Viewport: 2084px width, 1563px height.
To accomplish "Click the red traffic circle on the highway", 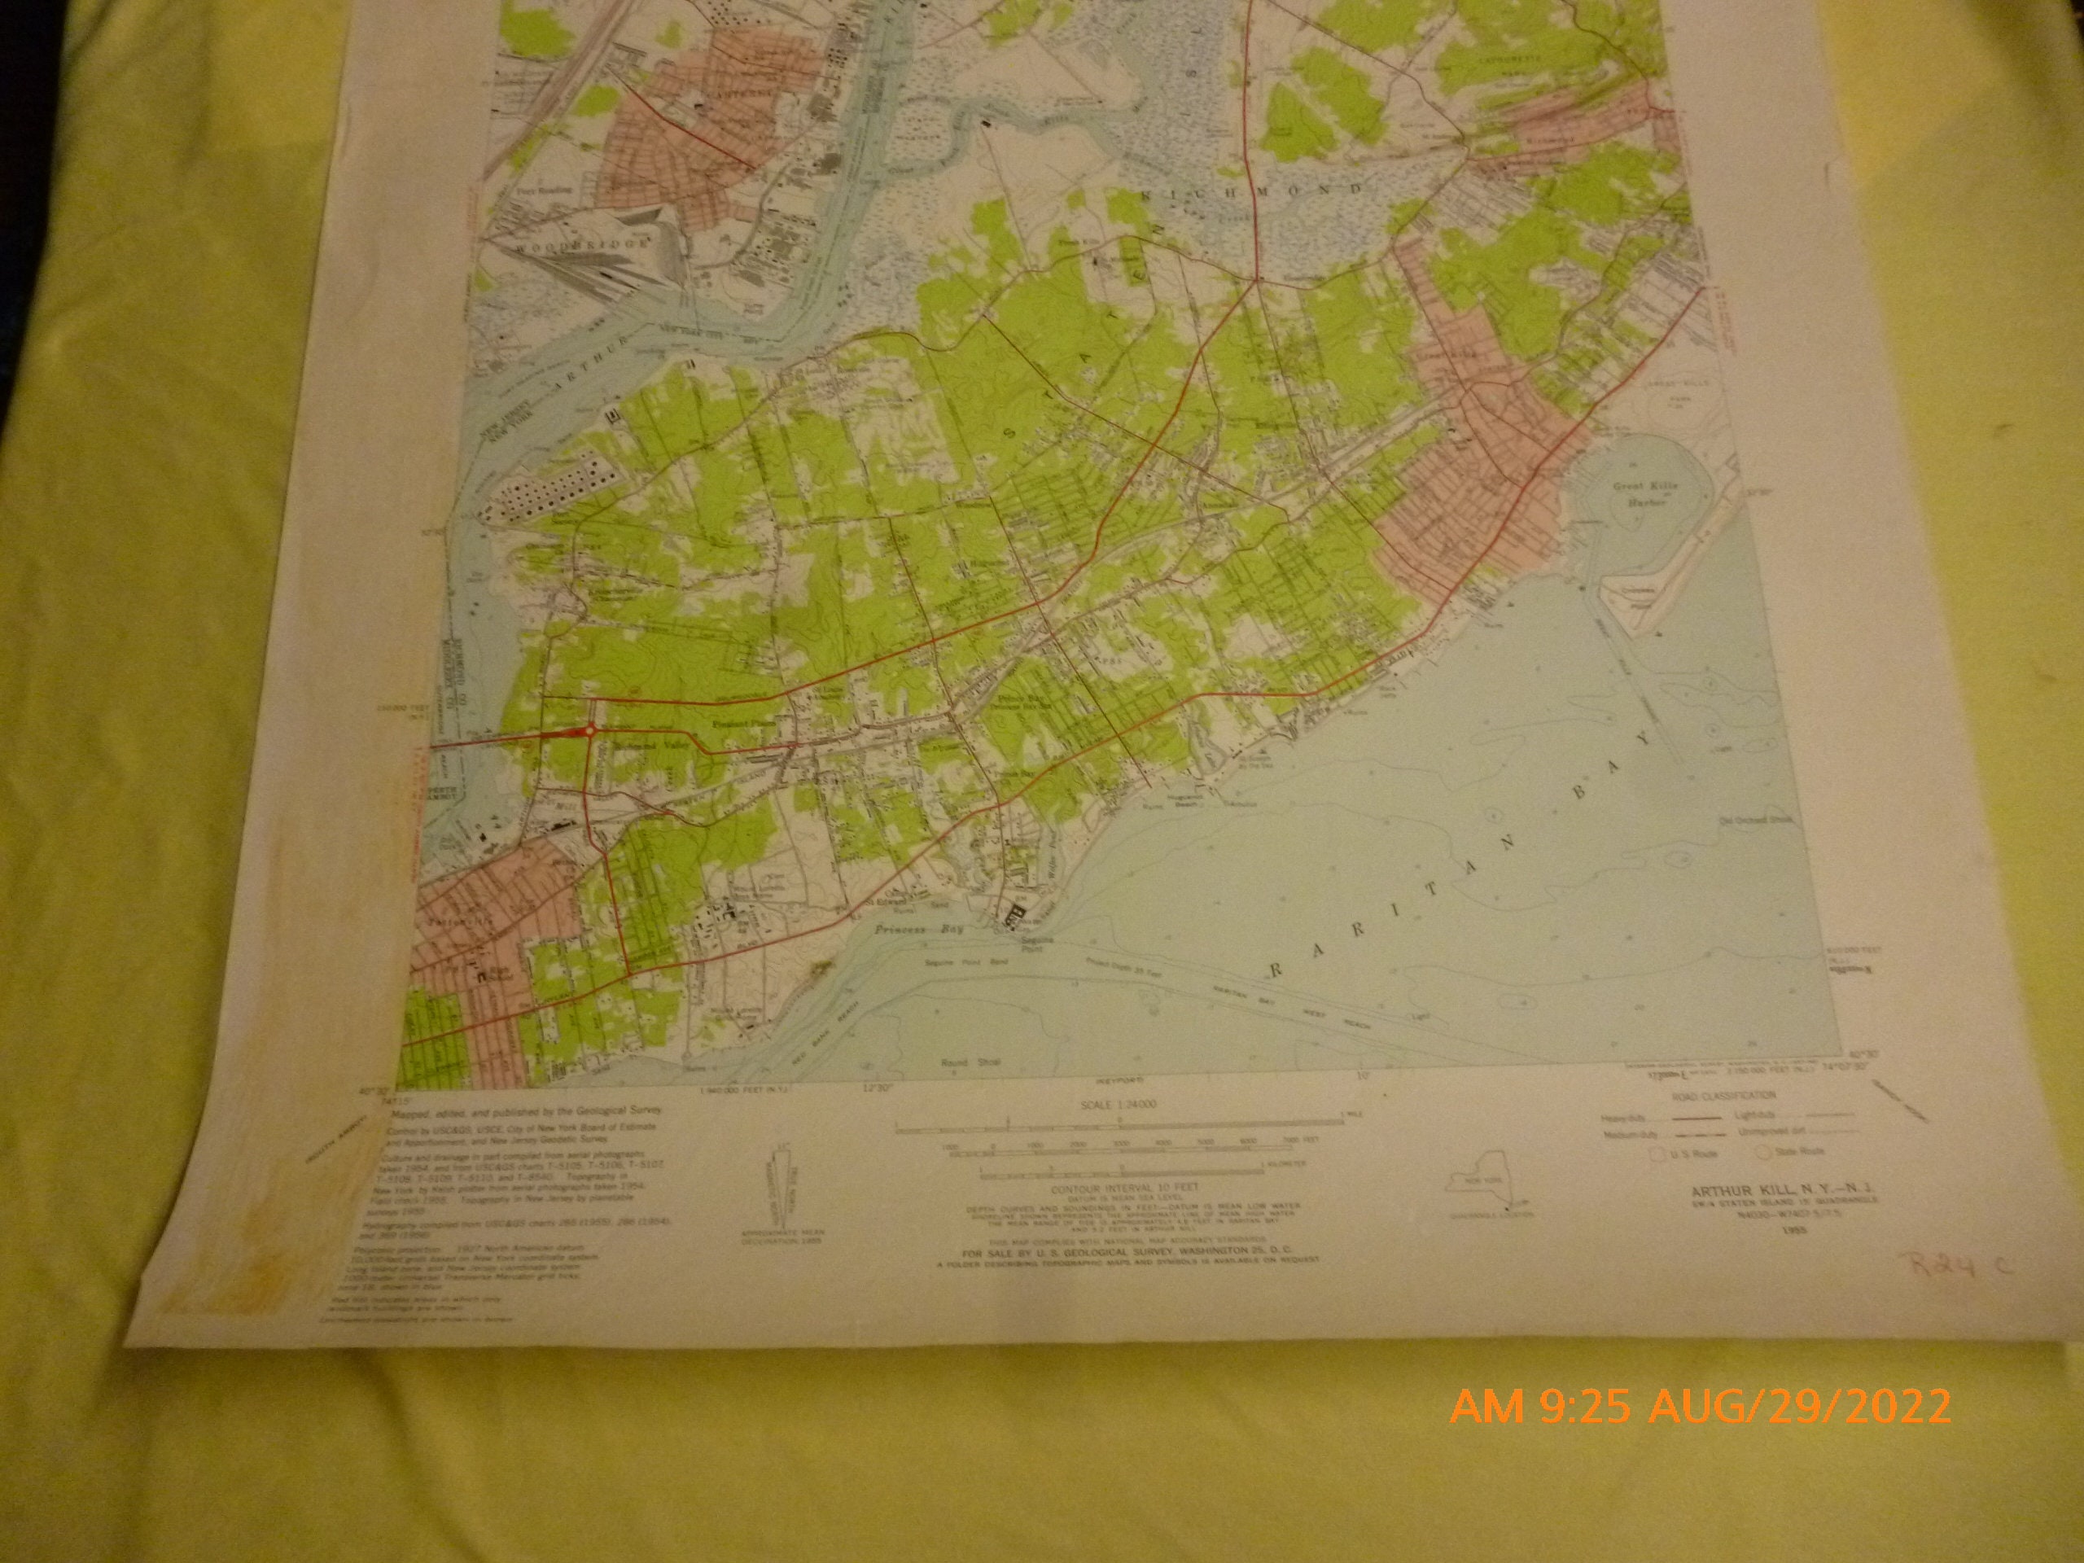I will click(589, 730).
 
